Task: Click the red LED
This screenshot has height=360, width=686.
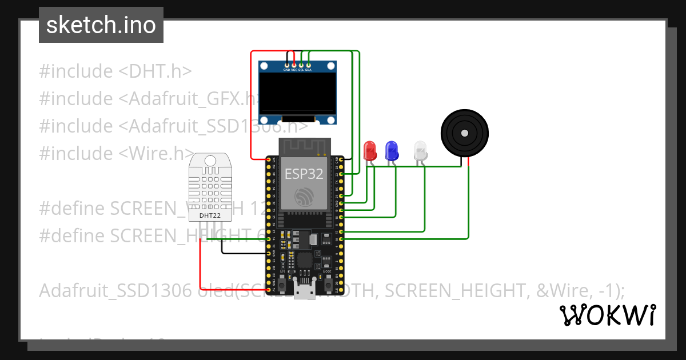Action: coord(370,150)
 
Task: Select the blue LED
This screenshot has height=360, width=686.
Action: coord(392,150)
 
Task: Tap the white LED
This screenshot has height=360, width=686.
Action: coord(420,150)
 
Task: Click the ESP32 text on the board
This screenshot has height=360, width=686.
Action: coord(304,174)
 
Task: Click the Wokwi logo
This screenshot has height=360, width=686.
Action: coord(607,315)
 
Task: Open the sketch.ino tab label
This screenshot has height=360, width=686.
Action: coord(101,26)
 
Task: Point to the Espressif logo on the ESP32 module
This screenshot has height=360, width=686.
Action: coord(304,197)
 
